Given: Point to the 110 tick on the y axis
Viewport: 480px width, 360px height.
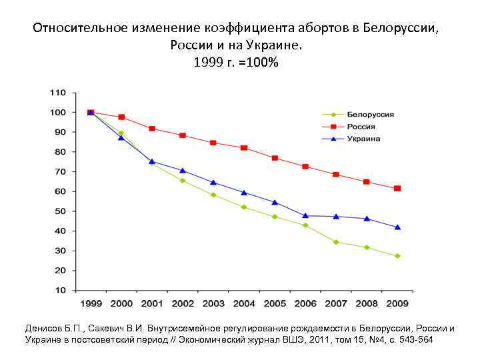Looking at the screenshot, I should [58, 93].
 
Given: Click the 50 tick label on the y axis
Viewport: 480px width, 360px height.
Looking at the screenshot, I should [60, 211].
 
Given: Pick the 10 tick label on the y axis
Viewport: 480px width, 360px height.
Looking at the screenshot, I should [60, 291].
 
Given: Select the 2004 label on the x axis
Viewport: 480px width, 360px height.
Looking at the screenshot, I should [244, 303].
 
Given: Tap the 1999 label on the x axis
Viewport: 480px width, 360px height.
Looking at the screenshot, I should [91, 303].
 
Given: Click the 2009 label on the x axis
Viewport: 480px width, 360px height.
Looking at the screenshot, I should [397, 303].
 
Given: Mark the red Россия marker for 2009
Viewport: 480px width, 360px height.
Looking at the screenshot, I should [397, 189].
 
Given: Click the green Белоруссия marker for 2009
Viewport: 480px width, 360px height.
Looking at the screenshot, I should [397, 256].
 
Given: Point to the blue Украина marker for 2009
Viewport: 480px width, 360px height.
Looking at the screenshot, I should [397, 227].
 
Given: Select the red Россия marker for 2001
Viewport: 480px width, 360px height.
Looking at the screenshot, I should [152, 129].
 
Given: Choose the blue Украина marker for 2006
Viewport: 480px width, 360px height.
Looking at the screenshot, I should [305, 215].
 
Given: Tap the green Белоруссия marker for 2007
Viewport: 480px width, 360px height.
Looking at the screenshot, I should [336, 242].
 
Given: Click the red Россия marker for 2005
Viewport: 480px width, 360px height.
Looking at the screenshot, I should [275, 158].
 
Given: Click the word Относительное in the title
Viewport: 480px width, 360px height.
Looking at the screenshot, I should [74, 29].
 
